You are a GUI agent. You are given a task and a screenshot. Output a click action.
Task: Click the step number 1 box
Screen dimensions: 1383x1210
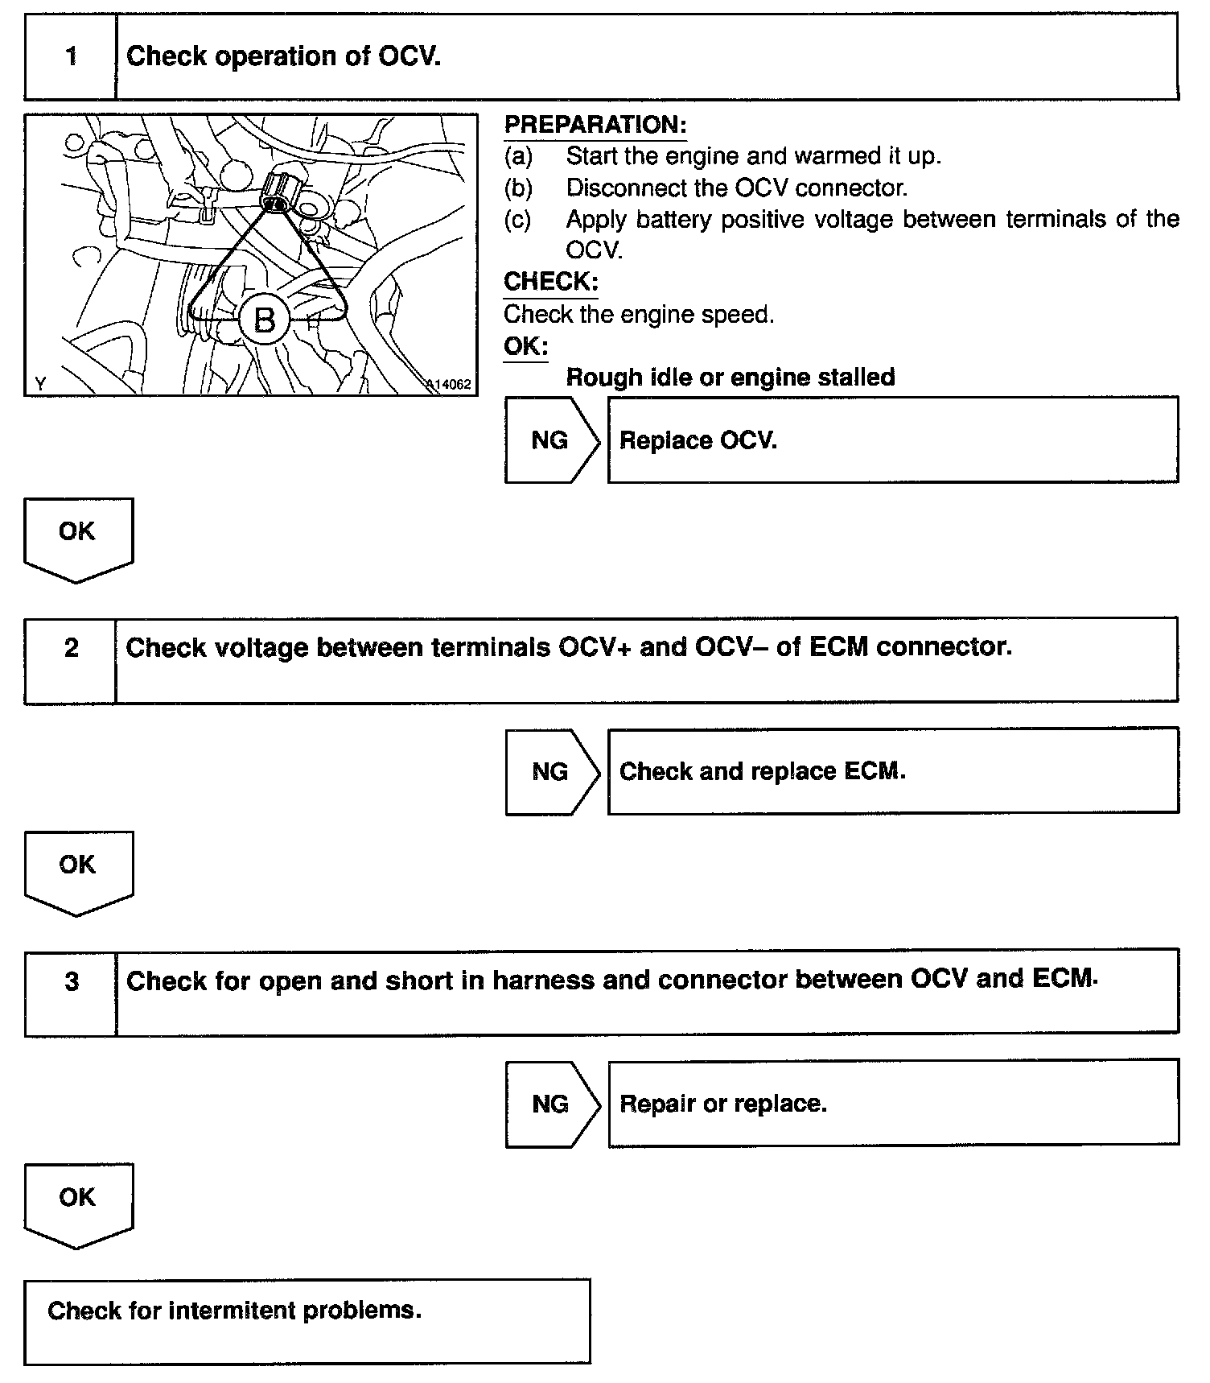pyautogui.click(x=71, y=56)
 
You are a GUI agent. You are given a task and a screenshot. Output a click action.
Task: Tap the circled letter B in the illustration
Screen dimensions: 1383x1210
pyautogui.click(x=265, y=320)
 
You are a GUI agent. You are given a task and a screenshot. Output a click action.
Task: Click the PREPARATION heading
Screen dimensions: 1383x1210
pyautogui.click(x=595, y=125)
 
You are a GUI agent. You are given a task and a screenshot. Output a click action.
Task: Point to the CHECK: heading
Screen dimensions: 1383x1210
pyautogui.click(x=550, y=282)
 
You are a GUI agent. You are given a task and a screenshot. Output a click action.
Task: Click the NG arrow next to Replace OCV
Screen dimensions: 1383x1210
pyautogui.click(x=551, y=440)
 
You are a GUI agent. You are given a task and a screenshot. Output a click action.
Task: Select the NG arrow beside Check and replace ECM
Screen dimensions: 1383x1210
pyautogui.click(x=551, y=771)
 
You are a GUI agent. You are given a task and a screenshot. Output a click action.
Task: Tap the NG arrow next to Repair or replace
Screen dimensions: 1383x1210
pyautogui.click(x=551, y=1103)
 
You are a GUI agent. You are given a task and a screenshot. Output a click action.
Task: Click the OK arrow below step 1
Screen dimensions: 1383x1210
pyautogui.click(x=77, y=535)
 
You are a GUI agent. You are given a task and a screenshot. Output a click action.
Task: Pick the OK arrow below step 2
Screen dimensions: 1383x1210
pyautogui.click(x=77, y=869)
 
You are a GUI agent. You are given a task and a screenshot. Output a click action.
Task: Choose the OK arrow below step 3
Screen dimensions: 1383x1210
pyautogui.click(x=77, y=1201)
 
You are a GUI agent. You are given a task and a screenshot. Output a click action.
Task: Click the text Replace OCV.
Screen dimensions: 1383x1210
pyautogui.click(x=698, y=441)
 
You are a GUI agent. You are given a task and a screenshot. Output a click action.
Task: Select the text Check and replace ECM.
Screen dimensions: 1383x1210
pyautogui.click(x=762, y=771)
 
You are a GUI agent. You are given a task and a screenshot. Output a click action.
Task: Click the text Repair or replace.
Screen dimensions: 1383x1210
pyautogui.click(x=722, y=1103)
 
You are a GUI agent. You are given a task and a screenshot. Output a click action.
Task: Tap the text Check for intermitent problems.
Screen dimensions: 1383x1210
pyautogui.click(x=234, y=1311)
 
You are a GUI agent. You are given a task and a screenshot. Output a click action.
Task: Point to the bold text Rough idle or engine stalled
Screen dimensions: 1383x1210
pyautogui.click(x=730, y=377)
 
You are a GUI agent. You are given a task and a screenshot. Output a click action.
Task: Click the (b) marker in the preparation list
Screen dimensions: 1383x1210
pyautogui.click(x=518, y=188)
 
